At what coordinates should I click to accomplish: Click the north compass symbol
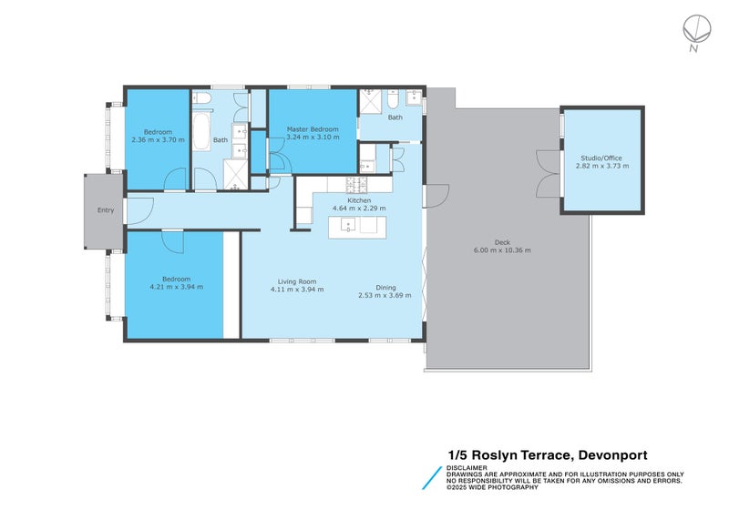point(695,30)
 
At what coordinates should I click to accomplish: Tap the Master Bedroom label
point(313,129)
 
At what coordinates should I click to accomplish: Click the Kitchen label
point(358,199)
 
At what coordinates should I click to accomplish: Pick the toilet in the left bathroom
point(202,97)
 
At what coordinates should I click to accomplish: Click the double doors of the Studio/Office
point(546,172)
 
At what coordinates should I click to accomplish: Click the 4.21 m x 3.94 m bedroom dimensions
point(177,287)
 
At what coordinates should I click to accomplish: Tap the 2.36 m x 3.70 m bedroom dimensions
point(158,139)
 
